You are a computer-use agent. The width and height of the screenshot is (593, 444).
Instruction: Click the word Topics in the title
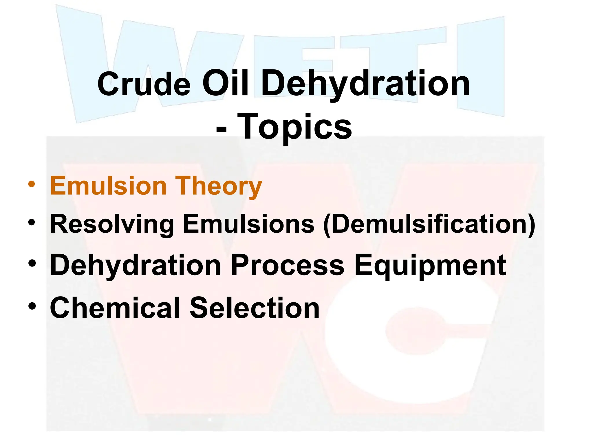(x=294, y=126)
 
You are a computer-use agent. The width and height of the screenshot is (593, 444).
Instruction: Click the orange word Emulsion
(x=108, y=186)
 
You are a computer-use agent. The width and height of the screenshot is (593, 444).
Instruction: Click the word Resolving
(x=112, y=224)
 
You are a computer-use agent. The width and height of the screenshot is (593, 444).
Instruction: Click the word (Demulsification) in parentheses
(x=429, y=224)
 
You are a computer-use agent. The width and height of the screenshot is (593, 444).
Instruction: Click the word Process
(x=287, y=265)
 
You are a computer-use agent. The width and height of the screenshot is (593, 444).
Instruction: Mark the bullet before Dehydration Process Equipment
(x=32, y=263)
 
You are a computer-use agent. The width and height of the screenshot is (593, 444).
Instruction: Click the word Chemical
(x=115, y=308)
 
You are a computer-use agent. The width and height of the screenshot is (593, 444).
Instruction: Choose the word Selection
(x=255, y=308)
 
